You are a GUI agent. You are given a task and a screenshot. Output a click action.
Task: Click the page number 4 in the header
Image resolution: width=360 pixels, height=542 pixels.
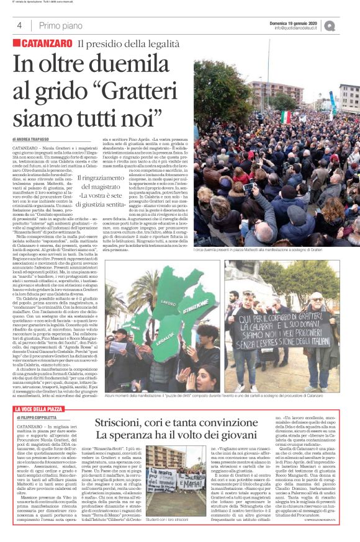[19, 25]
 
